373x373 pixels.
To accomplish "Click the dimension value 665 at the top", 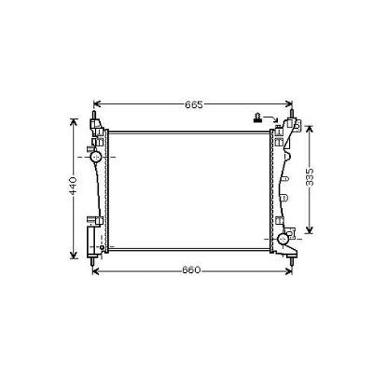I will (194, 105).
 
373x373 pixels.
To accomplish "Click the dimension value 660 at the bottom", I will (192, 270).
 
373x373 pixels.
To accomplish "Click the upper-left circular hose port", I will (97, 157).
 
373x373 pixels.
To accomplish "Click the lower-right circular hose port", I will (283, 239).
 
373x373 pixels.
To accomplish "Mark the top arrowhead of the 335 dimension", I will (309, 126).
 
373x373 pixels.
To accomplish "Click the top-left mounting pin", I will (94, 114).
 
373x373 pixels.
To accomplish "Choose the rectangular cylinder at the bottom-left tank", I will (91, 242).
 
